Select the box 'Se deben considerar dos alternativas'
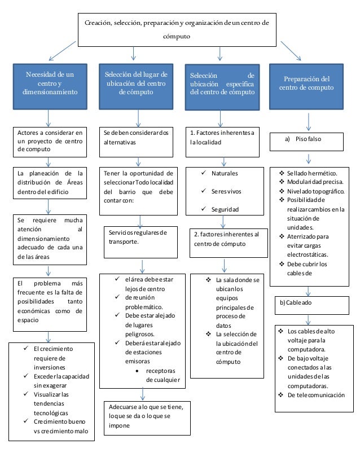(x=137, y=139)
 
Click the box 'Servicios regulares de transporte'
(x=138, y=238)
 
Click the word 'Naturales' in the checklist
(x=225, y=173)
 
